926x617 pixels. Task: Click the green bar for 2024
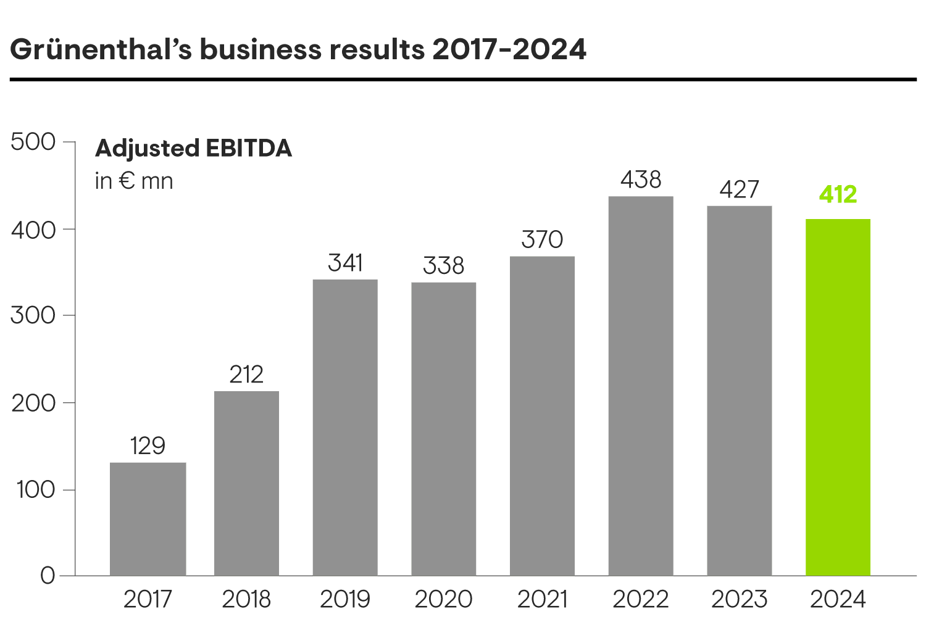click(x=838, y=398)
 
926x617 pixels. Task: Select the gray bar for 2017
click(x=148, y=519)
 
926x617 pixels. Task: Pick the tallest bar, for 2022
click(x=640, y=386)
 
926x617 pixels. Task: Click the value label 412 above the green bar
click(x=838, y=194)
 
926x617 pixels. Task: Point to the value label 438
click(x=640, y=180)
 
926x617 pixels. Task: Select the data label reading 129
click(x=148, y=445)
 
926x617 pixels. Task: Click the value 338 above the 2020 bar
click(x=443, y=265)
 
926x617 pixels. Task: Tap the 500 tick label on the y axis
click(x=33, y=142)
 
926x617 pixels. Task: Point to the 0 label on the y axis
click(x=48, y=576)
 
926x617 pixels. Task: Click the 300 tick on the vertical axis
click(x=33, y=315)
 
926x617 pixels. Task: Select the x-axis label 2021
click(x=542, y=599)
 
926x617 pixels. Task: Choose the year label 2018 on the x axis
click(x=246, y=599)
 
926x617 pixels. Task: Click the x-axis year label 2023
click(x=739, y=599)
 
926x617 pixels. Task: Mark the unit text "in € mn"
click(x=134, y=181)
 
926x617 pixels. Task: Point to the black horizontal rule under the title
click(x=463, y=79)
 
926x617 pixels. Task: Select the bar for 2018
click(x=246, y=484)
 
